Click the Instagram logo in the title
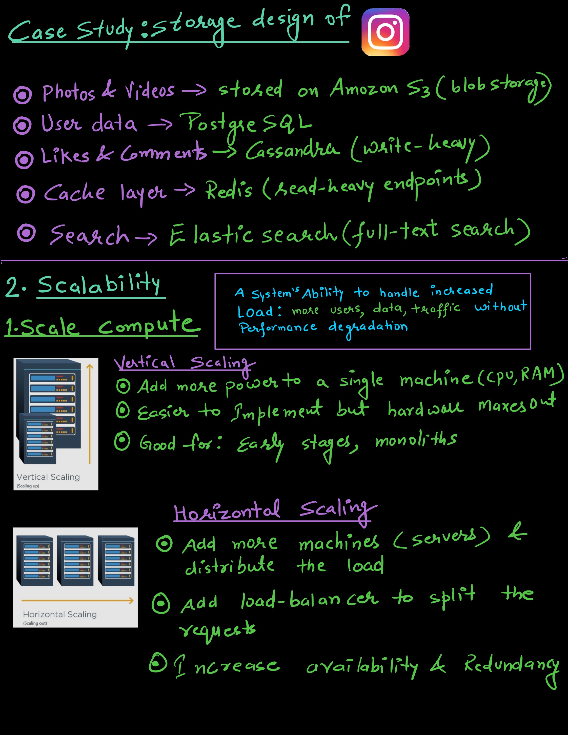[x=385, y=32]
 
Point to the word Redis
[x=229, y=190]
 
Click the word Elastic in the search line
[x=211, y=235]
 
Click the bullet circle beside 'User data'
[x=22, y=126]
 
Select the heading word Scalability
[x=99, y=285]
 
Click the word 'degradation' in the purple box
[x=368, y=327]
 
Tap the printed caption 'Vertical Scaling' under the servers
[x=48, y=477]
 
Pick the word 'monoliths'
[x=416, y=440]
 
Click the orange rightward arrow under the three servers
[x=77, y=600]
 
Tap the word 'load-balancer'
[x=310, y=600]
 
